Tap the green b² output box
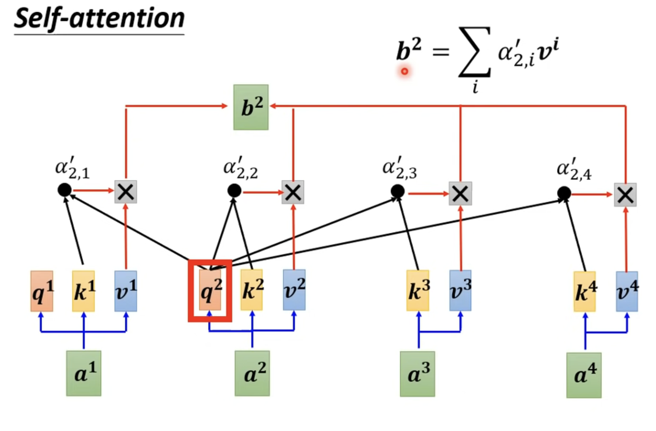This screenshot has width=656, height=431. (x=251, y=107)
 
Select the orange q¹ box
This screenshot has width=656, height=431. (x=42, y=291)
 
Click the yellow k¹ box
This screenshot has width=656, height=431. (x=84, y=291)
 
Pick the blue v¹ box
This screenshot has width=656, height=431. (x=126, y=291)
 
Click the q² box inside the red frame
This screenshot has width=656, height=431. (x=210, y=290)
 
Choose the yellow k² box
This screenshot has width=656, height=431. (x=252, y=290)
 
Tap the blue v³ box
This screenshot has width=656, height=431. (x=460, y=290)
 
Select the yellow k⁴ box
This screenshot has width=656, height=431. (x=585, y=291)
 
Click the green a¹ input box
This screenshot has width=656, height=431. (x=84, y=373)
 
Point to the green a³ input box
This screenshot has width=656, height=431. (x=417, y=374)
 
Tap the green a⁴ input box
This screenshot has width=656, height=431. (x=584, y=375)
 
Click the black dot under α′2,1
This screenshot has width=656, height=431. (x=64, y=190)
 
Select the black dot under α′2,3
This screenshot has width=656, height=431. (x=398, y=191)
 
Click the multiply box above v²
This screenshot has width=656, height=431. (x=293, y=192)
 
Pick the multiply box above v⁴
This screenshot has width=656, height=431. (x=625, y=195)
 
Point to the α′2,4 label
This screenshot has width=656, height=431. (x=574, y=169)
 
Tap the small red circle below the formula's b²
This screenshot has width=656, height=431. (x=404, y=71)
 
